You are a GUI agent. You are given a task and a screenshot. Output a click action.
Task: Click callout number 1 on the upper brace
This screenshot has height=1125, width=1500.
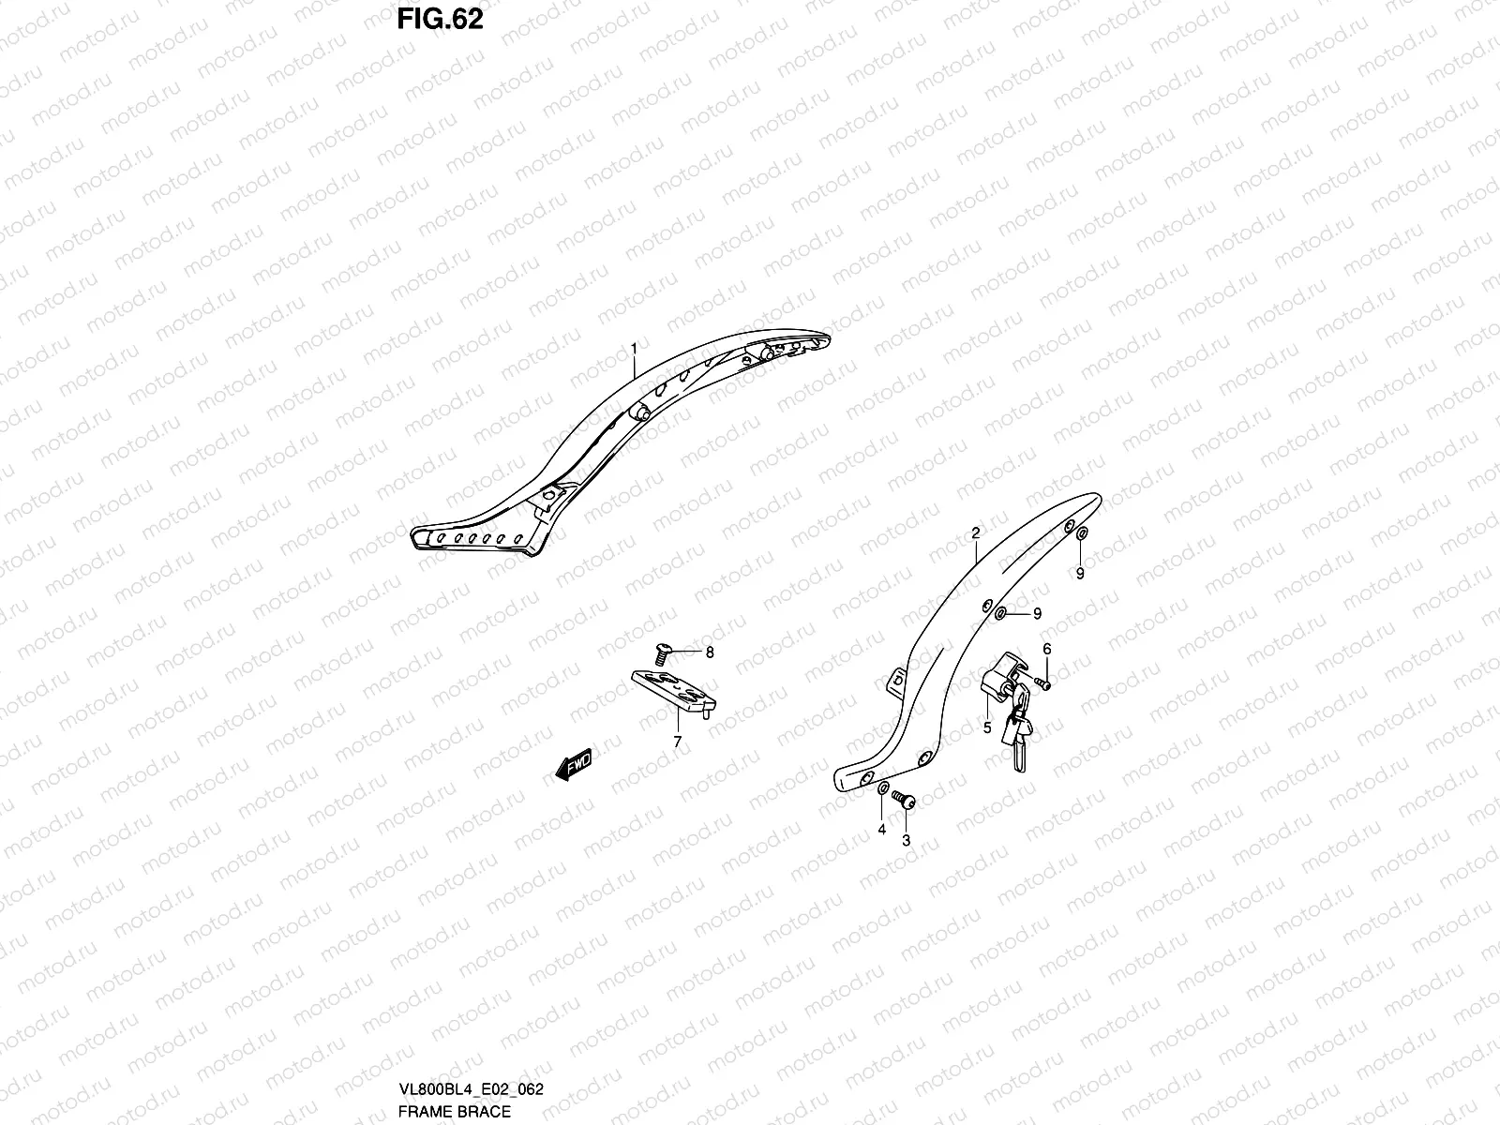click(634, 349)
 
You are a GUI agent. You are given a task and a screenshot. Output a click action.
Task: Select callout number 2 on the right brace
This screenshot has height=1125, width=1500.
click(975, 532)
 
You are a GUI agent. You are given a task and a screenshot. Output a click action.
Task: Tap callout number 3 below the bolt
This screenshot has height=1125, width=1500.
click(906, 841)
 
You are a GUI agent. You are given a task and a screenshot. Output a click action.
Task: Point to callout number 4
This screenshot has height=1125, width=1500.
click(881, 829)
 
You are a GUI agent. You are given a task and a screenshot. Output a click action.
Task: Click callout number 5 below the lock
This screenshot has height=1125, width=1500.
click(987, 726)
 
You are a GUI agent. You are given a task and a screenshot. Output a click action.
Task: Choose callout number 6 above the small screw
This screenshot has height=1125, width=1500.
click(1046, 649)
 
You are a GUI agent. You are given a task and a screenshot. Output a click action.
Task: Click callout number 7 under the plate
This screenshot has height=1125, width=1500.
click(677, 742)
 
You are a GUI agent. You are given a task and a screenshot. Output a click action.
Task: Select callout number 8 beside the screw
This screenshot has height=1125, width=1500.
click(710, 652)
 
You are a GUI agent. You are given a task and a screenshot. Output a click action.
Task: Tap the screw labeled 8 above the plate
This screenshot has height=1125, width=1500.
click(664, 650)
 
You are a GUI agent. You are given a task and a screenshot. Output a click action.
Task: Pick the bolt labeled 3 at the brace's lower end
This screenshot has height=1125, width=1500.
click(904, 801)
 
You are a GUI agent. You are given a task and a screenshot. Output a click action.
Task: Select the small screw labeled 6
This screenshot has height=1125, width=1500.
click(1043, 683)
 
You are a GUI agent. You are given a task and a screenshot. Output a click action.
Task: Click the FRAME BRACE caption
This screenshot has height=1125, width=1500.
click(454, 1112)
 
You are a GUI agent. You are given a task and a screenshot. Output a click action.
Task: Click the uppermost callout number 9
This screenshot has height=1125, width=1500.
click(1080, 574)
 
